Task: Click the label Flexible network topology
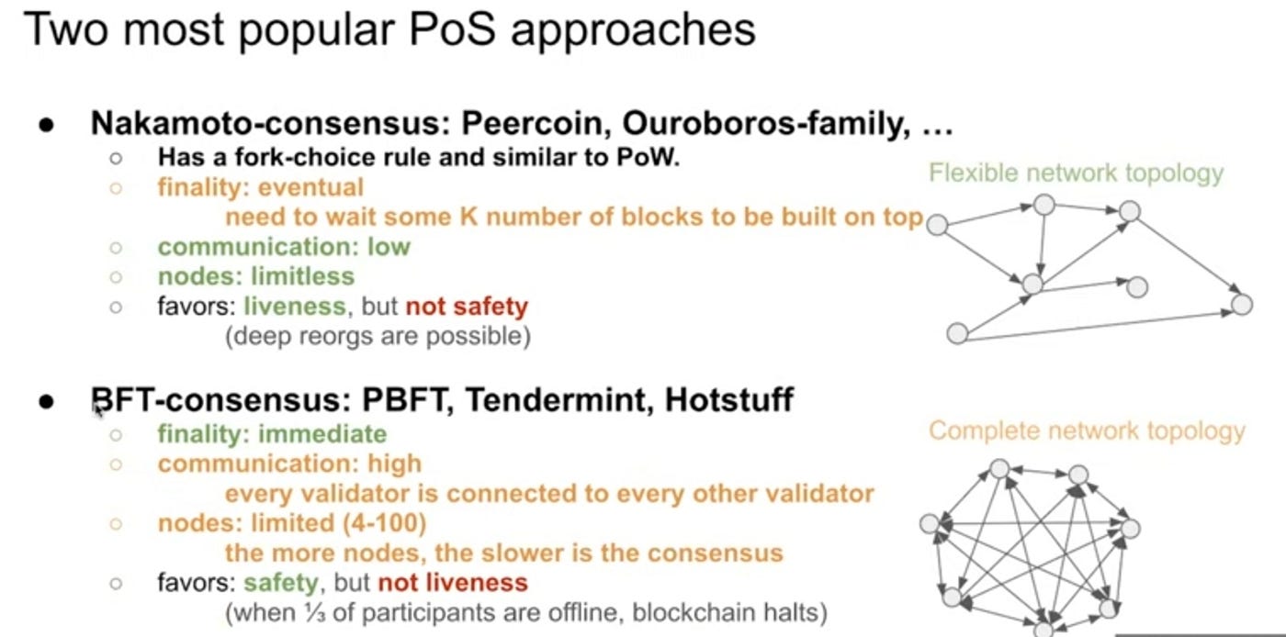tap(1077, 173)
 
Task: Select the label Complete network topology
tap(1087, 430)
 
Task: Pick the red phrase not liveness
tap(453, 582)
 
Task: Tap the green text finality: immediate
tap(272, 433)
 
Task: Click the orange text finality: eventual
tap(261, 187)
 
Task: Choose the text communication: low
tap(284, 246)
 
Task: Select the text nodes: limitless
tap(255, 275)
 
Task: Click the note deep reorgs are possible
tap(378, 336)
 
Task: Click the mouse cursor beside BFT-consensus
tap(98, 411)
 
